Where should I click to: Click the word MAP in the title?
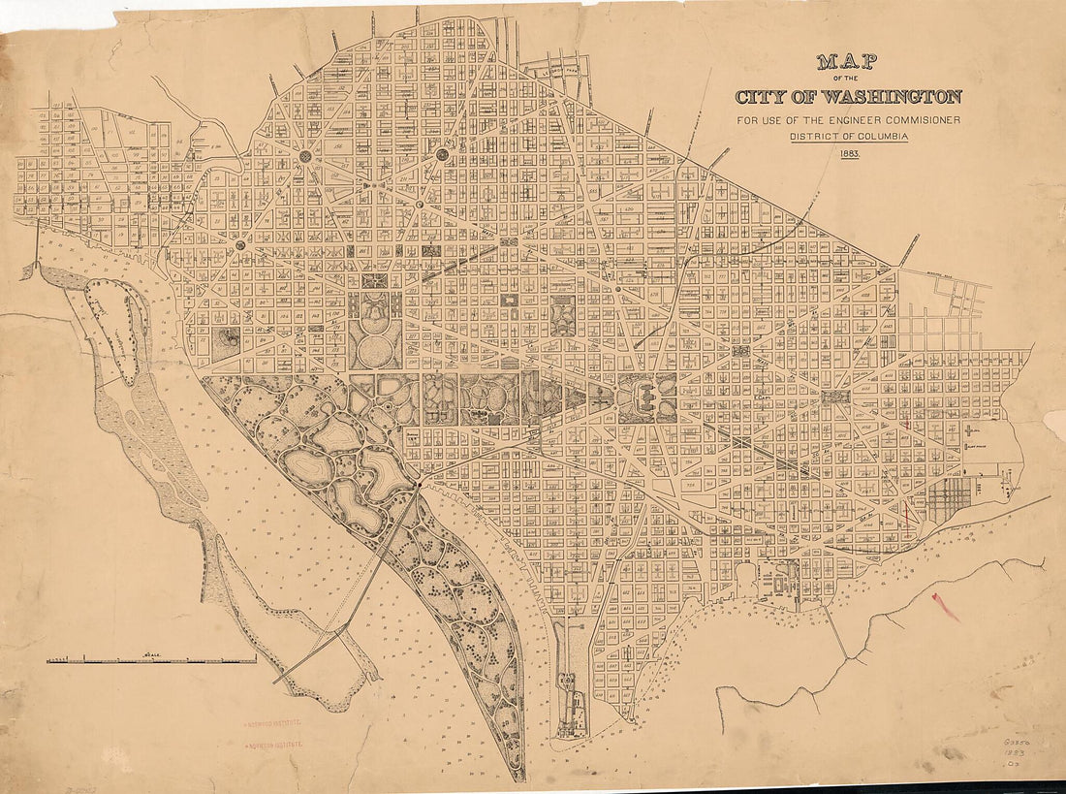(846, 63)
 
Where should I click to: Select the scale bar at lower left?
(151, 659)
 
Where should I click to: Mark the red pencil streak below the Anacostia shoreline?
(945, 607)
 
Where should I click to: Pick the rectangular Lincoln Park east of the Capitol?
(834, 397)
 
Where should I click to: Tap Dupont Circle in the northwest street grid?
(306, 156)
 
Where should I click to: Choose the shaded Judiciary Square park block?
(563, 315)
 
